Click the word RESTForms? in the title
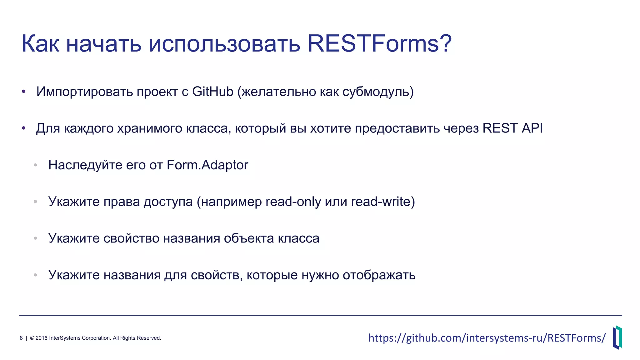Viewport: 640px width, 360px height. (379, 44)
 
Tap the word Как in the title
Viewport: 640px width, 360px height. (40, 44)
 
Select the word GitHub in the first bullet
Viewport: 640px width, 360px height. (212, 92)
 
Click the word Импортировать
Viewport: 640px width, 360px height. (84, 92)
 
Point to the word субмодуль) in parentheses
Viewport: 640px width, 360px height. (378, 92)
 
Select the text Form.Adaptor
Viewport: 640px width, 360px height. (207, 165)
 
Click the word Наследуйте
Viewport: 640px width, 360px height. (85, 165)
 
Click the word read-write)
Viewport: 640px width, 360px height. (383, 202)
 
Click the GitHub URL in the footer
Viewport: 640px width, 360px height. (487, 338)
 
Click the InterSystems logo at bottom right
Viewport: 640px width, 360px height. (617, 337)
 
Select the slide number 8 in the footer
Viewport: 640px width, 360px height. (21, 338)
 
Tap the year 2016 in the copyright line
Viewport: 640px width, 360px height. (42, 338)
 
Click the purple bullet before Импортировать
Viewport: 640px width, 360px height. (23, 92)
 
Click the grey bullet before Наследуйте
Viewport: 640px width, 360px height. (36, 165)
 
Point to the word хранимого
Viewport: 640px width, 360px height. (150, 128)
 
